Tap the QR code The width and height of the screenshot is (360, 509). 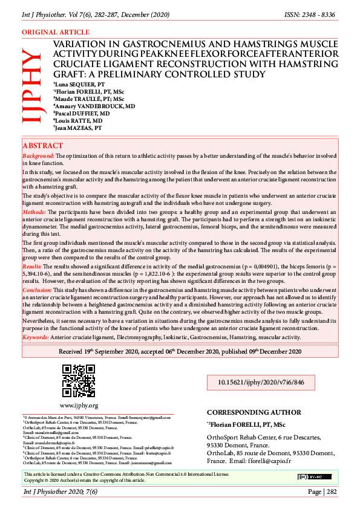click(79, 381)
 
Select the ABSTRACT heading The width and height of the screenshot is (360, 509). click(42, 146)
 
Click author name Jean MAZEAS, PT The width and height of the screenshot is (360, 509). click(78, 128)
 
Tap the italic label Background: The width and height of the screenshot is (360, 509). click(39, 156)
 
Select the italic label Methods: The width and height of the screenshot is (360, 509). click(34, 213)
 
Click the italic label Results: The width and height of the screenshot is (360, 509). click(32, 265)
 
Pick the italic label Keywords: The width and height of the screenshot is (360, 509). click(36, 337)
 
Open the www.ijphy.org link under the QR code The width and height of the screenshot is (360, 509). click(79, 405)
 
